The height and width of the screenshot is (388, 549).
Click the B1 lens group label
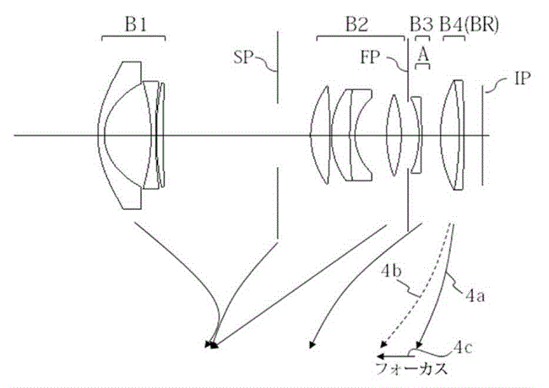(136, 24)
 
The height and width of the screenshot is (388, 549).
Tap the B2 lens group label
(357, 24)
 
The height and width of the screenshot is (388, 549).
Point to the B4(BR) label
(469, 25)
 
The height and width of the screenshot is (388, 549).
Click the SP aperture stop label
(243, 57)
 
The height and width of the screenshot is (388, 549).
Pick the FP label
(370, 57)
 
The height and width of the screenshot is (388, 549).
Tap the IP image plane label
(522, 78)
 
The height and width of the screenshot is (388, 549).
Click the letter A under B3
(423, 55)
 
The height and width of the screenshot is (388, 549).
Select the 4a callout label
(476, 296)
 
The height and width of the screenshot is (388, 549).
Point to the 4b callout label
(391, 272)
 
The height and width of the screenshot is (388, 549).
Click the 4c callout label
(463, 348)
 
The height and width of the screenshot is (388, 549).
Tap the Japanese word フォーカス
(412, 369)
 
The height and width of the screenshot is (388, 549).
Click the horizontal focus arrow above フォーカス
(395, 357)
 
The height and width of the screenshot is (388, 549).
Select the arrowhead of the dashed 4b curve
(384, 344)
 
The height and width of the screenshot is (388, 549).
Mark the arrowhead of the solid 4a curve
(420, 345)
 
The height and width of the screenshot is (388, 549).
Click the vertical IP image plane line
(482, 136)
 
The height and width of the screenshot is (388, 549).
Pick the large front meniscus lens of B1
(120, 136)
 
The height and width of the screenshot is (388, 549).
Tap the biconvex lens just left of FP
(394, 135)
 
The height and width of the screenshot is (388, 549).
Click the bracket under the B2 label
(361, 36)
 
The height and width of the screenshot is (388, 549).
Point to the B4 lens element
(453, 135)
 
